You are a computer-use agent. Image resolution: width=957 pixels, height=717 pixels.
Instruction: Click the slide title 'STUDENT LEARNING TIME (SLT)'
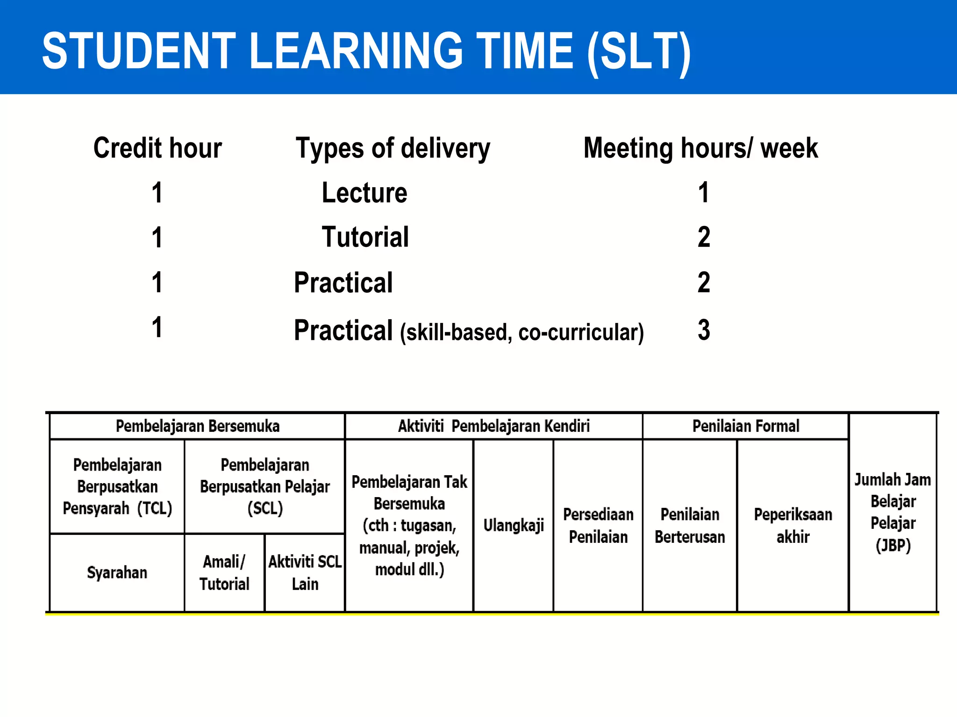point(366,50)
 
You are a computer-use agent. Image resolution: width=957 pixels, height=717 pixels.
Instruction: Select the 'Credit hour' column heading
point(157,148)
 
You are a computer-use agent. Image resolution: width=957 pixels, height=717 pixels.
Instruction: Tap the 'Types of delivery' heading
point(393,149)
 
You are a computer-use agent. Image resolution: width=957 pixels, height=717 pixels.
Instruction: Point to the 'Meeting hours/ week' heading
point(700,148)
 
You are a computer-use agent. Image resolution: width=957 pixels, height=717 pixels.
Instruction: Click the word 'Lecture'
point(364,193)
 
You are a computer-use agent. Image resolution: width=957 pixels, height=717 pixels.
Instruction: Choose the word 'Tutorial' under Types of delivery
point(365,237)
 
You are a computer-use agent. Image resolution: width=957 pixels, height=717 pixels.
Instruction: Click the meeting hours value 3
point(704,330)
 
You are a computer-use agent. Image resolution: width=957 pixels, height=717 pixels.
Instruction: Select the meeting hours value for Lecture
point(703,192)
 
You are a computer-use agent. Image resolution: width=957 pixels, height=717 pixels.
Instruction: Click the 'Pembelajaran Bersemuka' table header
point(197,426)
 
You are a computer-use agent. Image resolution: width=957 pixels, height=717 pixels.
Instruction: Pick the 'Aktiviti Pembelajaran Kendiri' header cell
point(493,426)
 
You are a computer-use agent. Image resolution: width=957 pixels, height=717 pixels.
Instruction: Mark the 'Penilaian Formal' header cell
point(746,426)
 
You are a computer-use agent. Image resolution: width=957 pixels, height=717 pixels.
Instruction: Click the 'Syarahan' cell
point(117,573)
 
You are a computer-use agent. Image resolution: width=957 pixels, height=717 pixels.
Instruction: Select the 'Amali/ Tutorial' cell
point(224,573)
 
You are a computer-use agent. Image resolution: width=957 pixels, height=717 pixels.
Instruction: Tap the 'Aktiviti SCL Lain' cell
point(305,573)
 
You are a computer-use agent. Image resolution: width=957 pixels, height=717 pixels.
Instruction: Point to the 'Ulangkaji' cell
point(514,526)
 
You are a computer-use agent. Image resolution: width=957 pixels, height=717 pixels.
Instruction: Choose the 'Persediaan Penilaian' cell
point(598,526)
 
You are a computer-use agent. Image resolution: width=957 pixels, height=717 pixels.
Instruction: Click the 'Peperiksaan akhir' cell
point(793,526)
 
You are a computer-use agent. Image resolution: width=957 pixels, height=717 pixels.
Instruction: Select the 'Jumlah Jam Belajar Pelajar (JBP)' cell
point(893,513)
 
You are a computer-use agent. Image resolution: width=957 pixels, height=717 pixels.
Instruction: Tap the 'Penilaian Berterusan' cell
point(690,526)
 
